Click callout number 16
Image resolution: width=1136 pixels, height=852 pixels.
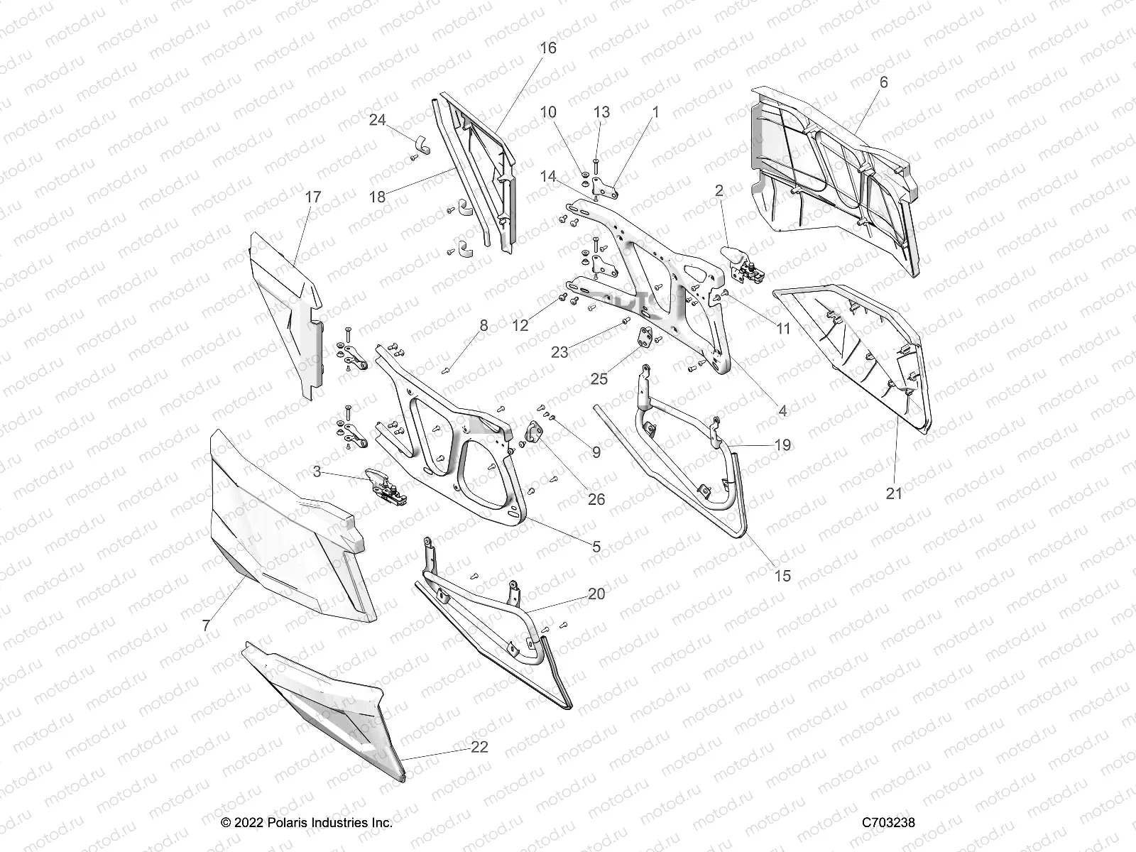547,48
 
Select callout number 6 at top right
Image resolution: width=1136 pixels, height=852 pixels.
883,82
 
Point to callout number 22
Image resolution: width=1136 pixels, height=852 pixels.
479,748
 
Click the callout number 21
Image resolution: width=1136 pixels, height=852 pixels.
894,493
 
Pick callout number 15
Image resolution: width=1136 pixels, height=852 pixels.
782,577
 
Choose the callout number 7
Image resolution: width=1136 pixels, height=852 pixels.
206,625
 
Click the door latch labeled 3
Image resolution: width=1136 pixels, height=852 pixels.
386,487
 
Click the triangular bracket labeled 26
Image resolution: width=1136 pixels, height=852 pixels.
532,431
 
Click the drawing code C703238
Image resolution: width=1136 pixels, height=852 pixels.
888,823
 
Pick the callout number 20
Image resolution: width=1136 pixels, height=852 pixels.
596,594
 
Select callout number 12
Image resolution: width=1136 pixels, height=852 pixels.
520,325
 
